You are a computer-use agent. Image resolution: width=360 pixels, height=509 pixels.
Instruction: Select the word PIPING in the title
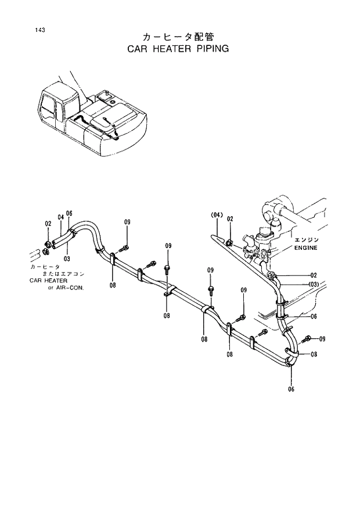208,49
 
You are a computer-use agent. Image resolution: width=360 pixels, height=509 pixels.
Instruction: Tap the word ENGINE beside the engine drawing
307,248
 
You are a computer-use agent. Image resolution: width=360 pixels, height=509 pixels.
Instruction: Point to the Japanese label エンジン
306,239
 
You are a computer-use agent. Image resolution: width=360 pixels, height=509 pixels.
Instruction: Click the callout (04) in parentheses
217,216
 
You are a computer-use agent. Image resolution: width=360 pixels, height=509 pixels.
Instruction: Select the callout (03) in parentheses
314,284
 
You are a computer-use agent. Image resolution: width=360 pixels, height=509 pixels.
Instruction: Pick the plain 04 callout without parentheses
60,217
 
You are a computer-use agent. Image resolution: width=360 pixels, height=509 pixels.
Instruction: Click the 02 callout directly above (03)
314,275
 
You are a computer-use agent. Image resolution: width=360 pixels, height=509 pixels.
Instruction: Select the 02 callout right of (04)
231,218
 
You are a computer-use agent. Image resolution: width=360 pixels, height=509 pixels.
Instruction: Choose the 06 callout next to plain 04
69,213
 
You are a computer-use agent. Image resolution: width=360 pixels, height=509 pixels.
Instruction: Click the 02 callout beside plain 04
48,223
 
